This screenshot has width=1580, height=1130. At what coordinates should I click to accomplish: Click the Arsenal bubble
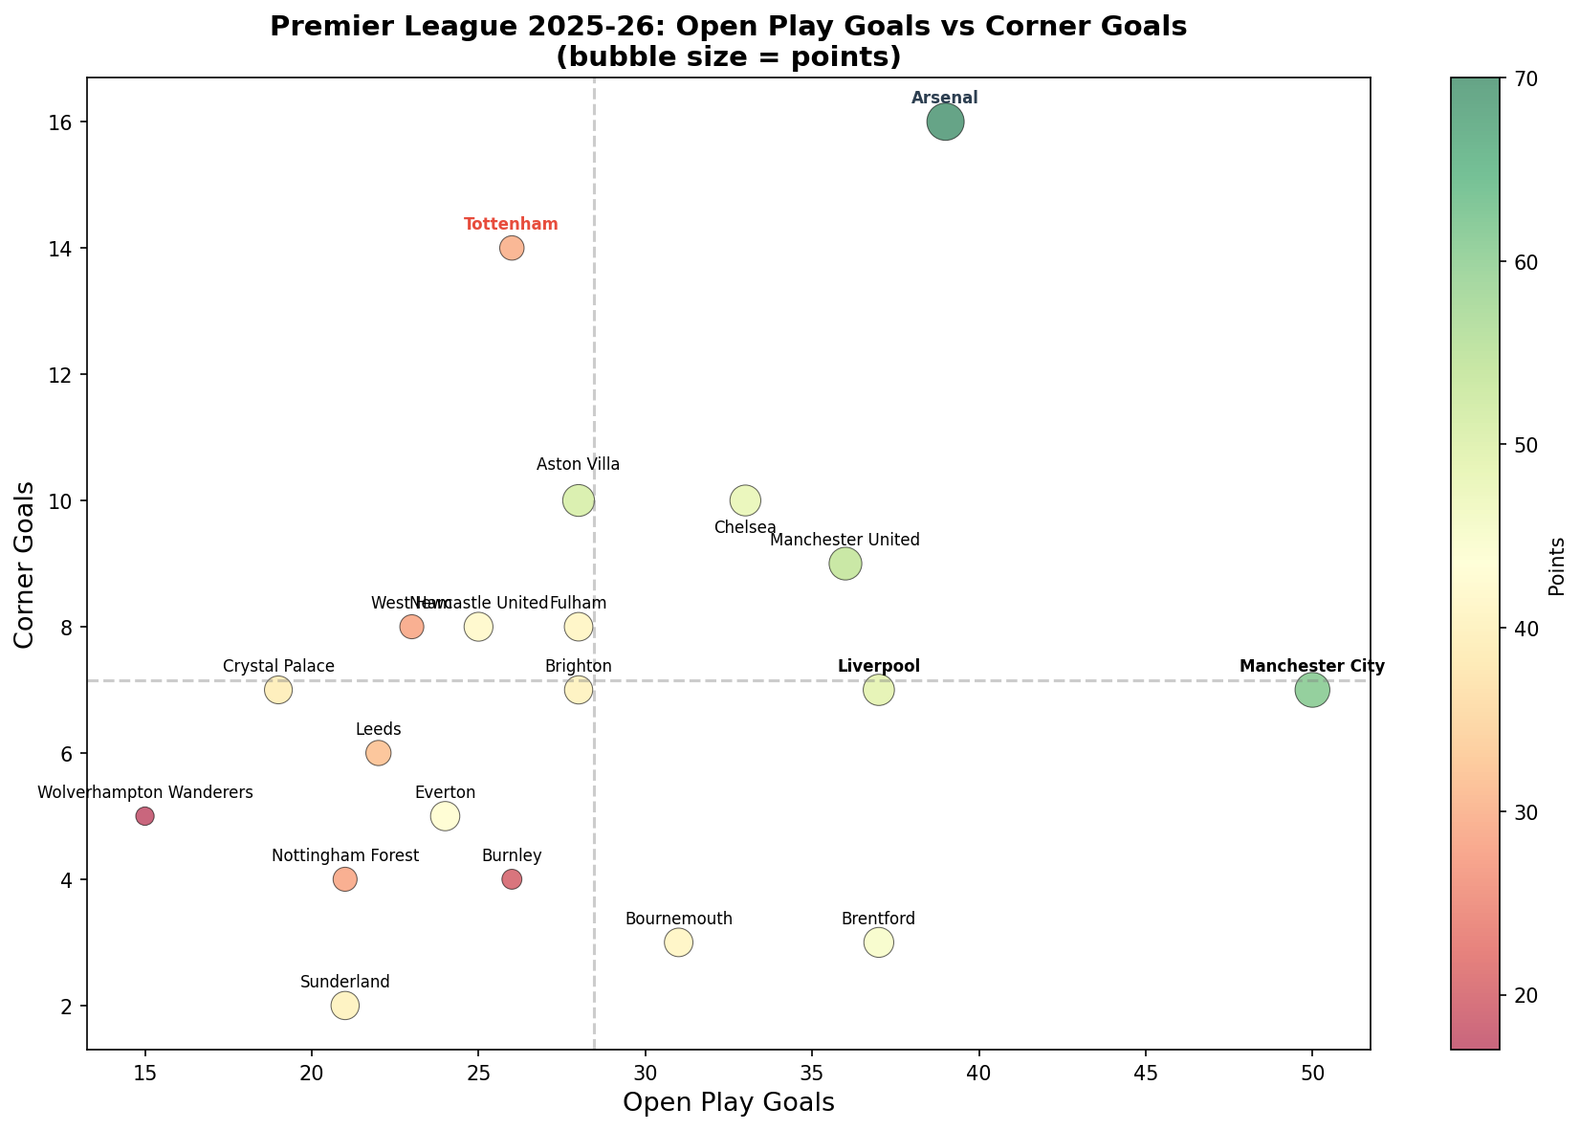click(945, 122)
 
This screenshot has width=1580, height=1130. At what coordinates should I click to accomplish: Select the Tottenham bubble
click(512, 248)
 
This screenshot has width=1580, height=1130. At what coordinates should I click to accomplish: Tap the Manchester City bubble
click(1312, 690)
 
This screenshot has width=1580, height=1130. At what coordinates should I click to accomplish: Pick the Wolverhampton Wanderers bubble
click(144, 816)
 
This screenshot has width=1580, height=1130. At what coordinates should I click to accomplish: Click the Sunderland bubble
click(345, 1006)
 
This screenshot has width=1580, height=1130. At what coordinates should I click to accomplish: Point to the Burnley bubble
click(512, 879)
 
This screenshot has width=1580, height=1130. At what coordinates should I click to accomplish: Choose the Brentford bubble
click(878, 942)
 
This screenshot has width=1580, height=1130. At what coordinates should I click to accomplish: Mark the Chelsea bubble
click(745, 500)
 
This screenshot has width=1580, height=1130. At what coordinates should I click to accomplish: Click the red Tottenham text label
click(511, 224)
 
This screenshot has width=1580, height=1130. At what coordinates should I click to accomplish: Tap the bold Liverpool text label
click(878, 666)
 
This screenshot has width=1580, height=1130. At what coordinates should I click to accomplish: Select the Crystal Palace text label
click(278, 666)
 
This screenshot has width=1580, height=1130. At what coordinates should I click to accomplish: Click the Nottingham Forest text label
click(345, 855)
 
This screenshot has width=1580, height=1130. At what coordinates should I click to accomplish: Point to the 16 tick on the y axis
click(63, 122)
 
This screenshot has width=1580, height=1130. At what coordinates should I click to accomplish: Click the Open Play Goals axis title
click(729, 1103)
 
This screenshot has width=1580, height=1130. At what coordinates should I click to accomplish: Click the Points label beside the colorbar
click(1557, 566)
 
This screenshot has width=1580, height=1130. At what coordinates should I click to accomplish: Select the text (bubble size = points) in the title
click(729, 57)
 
